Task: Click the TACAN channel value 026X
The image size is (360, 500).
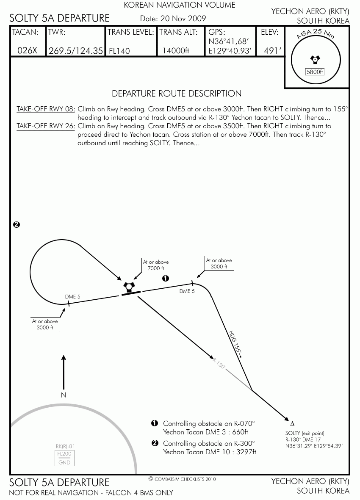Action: point(27,51)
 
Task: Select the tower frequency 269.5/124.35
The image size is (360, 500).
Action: point(76,51)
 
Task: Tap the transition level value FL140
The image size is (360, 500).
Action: point(119,51)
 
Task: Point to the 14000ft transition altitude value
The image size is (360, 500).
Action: point(176,51)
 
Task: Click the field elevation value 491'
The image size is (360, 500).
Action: point(273,51)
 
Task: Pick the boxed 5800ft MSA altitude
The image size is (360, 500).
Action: point(315,72)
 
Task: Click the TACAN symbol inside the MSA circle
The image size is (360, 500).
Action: point(315,60)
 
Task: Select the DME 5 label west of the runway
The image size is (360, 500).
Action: point(73,296)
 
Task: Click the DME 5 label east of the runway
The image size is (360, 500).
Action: point(187,291)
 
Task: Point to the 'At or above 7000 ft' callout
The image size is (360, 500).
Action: point(155,265)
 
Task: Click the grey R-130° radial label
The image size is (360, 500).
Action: point(219,364)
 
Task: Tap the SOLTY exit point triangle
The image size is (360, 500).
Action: point(292,424)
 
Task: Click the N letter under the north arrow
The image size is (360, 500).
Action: point(64,395)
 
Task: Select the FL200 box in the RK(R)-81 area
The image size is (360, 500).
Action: point(64,454)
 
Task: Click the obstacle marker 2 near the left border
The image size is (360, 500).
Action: point(17,224)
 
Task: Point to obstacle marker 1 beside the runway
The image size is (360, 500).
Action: point(166,279)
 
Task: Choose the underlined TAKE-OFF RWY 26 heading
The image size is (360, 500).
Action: point(46,126)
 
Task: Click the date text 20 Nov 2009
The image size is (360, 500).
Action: point(183,19)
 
